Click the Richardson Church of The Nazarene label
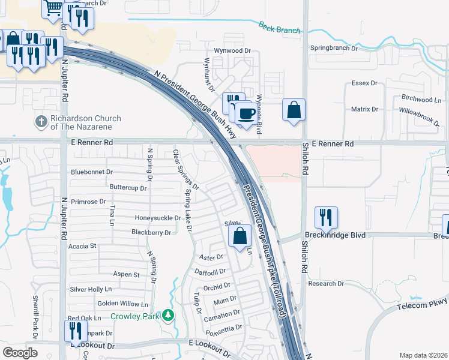tap(85, 122)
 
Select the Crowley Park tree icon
tap(169, 315)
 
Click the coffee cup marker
tap(245, 113)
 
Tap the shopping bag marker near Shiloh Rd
tap(294, 110)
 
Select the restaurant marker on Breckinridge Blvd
tap(326, 218)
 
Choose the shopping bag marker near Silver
tap(240, 237)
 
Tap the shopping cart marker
tap(53, 7)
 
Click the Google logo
tap(20, 352)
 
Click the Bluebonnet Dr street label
tap(91, 172)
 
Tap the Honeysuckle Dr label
tap(157, 217)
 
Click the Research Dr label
tap(325, 283)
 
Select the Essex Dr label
tap(364, 83)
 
